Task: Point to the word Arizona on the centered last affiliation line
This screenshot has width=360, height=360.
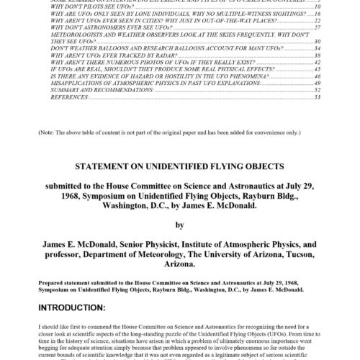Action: point(179,264)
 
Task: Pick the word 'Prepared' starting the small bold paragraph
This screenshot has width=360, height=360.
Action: point(54,278)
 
